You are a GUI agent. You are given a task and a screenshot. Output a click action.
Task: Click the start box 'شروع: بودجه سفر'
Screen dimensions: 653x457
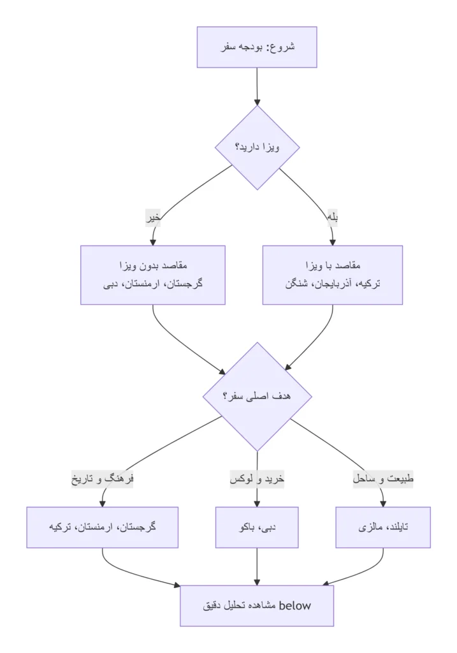[257, 47]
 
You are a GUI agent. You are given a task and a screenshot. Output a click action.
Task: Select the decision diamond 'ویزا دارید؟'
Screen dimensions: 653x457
[257, 147]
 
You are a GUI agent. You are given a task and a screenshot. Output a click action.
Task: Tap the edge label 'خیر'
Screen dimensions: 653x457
[153, 217]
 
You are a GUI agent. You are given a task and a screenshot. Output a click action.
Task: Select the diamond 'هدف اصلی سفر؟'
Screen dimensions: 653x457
[257, 396]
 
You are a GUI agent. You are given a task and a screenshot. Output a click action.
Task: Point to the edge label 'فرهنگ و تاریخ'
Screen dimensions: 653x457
[103, 479]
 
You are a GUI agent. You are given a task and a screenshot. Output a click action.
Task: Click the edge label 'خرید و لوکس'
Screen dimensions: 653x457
[257, 479]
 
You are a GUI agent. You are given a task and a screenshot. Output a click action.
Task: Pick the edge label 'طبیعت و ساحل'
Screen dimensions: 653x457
[383, 479]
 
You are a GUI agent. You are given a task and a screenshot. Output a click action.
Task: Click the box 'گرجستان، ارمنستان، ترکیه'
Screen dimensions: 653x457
[103, 527]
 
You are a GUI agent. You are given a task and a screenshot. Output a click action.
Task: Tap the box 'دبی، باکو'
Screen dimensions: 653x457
[257, 527]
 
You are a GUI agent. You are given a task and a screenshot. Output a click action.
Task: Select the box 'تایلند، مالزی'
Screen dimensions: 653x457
[383, 527]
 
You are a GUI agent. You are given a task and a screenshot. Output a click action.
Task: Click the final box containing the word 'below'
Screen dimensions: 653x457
[257, 605]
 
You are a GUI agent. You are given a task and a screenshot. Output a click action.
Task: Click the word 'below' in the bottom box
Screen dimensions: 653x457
[295, 606]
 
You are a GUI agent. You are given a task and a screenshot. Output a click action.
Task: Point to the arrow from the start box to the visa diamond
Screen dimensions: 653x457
[257, 86]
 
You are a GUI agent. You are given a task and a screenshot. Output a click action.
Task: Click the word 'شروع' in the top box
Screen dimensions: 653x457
[282, 47]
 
